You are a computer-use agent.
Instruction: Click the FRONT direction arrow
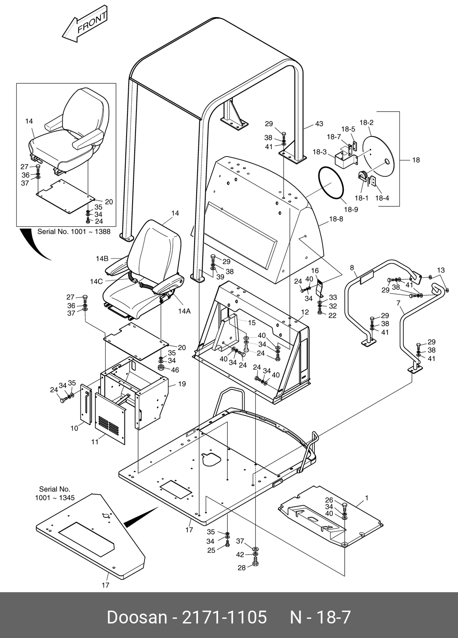click(x=84, y=24)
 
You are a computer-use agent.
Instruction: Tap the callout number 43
click(x=319, y=124)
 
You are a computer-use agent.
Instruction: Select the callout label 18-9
click(x=350, y=209)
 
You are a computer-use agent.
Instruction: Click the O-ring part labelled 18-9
click(x=331, y=183)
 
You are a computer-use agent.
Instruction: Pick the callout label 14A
click(x=184, y=311)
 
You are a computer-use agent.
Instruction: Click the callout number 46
click(x=175, y=370)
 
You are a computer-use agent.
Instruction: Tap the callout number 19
click(x=182, y=384)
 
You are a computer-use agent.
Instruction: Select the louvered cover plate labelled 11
click(x=111, y=418)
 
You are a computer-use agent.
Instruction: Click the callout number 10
click(x=74, y=428)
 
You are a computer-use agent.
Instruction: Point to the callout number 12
click(x=304, y=312)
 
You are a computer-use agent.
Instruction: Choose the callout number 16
click(x=315, y=270)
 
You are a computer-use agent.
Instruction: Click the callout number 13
click(x=441, y=270)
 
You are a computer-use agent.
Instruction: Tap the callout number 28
click(x=242, y=568)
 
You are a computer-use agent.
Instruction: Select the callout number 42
click(x=240, y=555)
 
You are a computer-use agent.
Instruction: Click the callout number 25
click(x=211, y=550)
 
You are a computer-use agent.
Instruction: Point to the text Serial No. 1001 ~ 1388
click(x=74, y=231)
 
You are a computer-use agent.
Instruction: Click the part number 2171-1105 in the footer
click(x=225, y=617)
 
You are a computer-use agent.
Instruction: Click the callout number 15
click(x=251, y=323)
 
